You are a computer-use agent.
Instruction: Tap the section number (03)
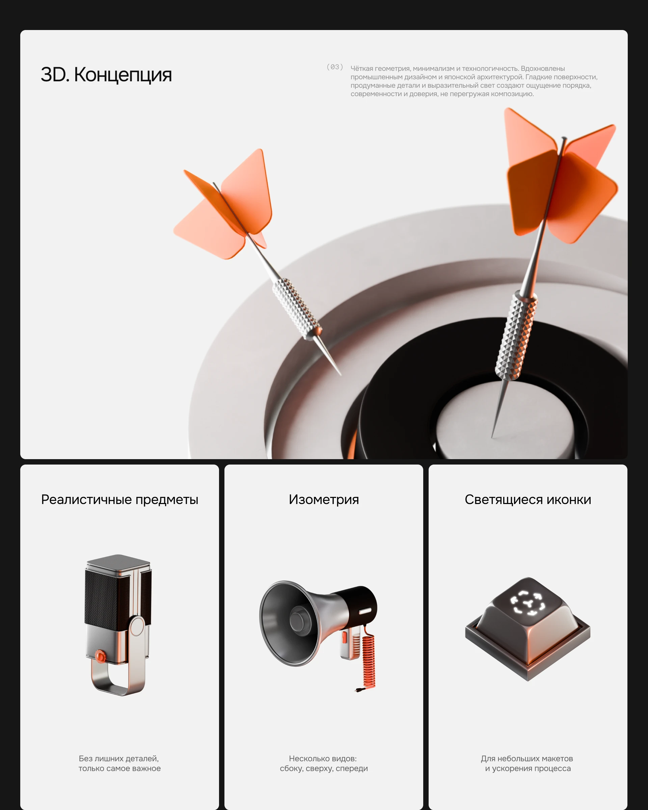click(334, 67)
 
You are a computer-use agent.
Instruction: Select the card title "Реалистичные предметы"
click(119, 500)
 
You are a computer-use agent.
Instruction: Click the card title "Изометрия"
click(324, 499)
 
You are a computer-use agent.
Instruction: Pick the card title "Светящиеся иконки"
click(528, 500)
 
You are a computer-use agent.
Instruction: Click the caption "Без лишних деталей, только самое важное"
click(119, 763)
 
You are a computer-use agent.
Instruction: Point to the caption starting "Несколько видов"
click(324, 763)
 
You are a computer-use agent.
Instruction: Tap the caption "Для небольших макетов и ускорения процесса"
click(528, 763)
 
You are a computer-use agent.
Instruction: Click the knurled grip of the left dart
click(297, 308)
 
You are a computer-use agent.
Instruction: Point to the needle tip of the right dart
click(492, 438)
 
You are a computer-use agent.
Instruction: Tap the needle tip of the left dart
click(341, 375)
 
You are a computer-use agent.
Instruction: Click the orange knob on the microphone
click(100, 655)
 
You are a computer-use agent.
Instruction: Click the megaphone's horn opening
click(290, 623)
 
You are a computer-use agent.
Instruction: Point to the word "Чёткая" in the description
click(361, 68)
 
